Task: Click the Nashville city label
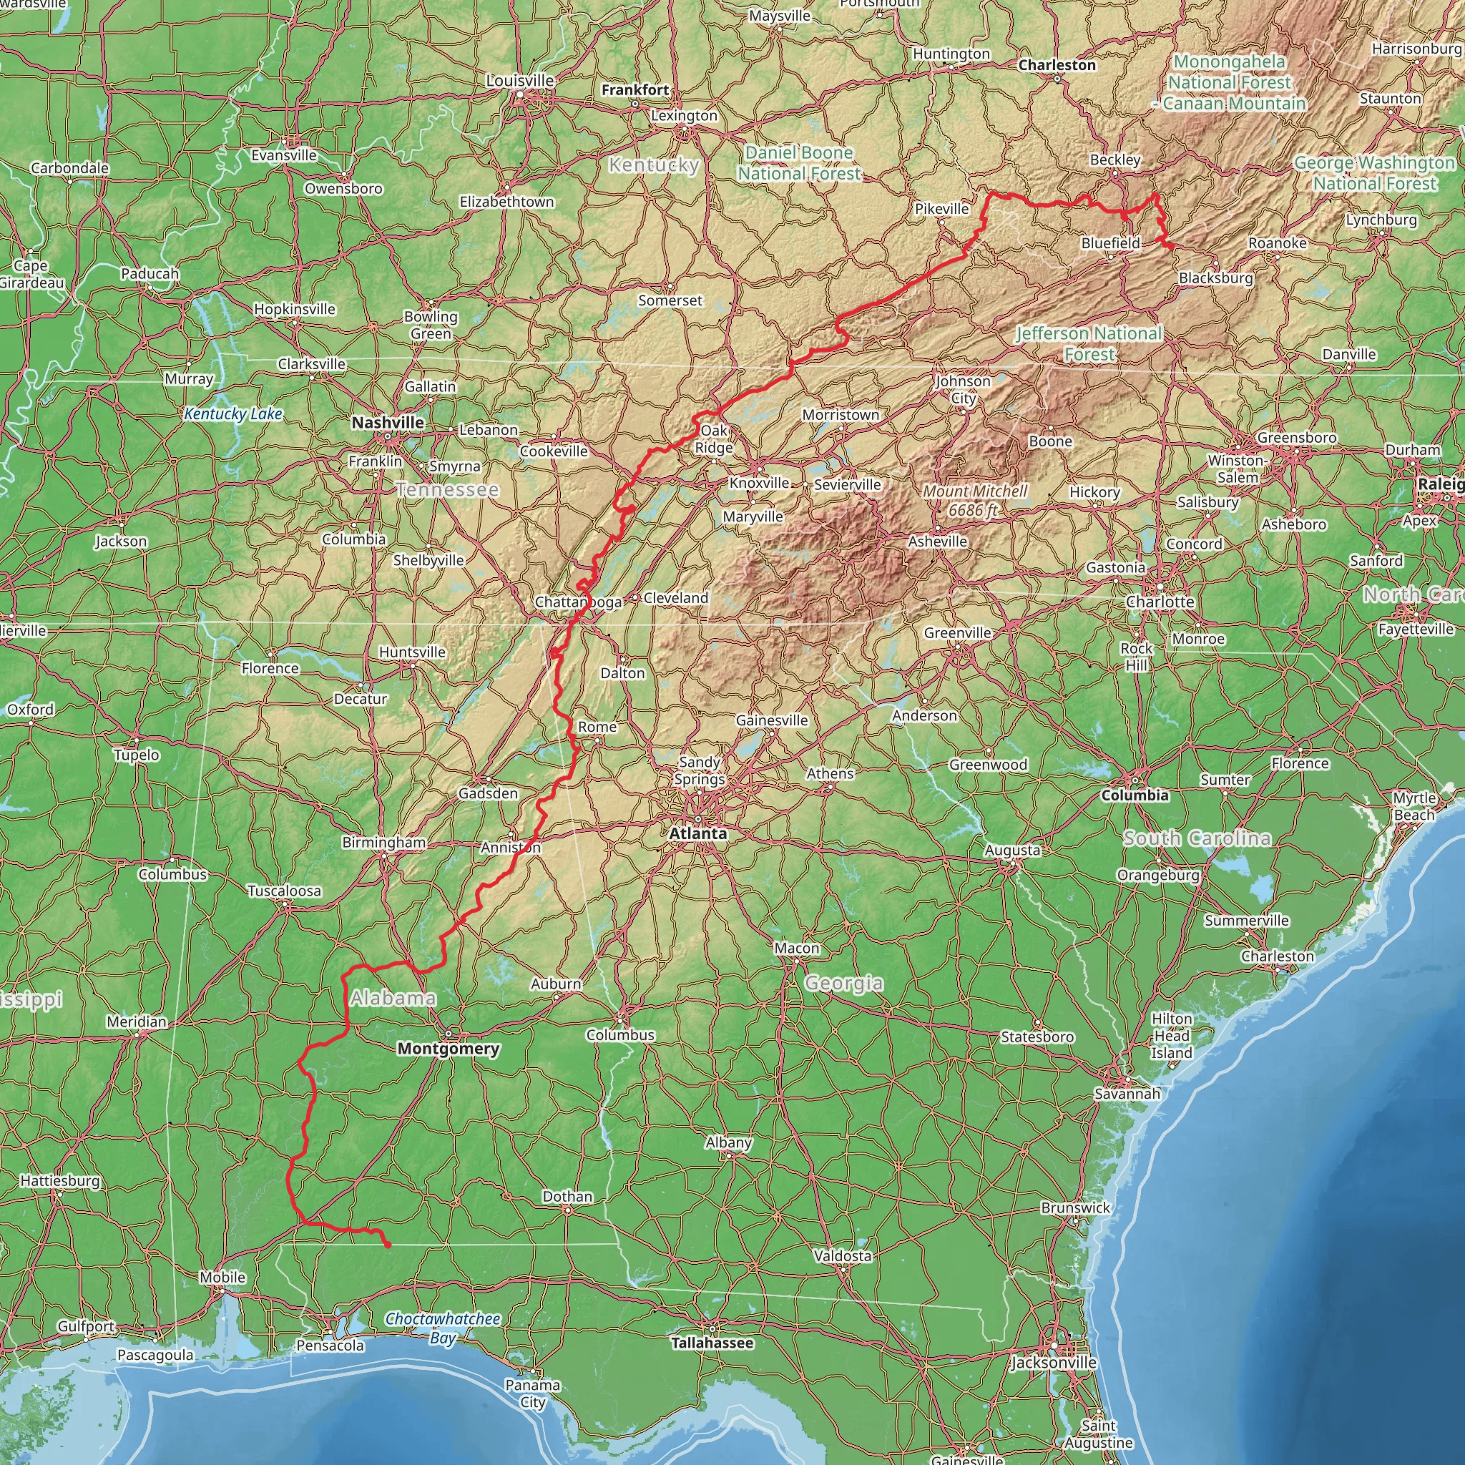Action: click(388, 422)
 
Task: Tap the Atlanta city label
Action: click(697, 833)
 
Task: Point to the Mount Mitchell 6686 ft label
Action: click(974, 501)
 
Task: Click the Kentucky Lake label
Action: click(233, 414)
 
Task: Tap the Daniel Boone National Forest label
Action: click(799, 163)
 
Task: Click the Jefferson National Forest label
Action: click(1089, 343)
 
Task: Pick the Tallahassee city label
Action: click(712, 1343)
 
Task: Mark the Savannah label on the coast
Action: click(1127, 1094)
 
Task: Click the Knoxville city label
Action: click(759, 483)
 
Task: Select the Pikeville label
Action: click(942, 209)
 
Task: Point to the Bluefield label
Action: click(1111, 242)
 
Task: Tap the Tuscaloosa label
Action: click(285, 891)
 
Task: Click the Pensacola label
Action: click(330, 1346)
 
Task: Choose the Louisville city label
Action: click(520, 80)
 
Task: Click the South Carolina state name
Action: click(1197, 838)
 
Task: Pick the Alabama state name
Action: click(393, 998)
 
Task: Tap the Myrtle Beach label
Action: click(1414, 806)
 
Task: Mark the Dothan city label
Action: click(567, 1197)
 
